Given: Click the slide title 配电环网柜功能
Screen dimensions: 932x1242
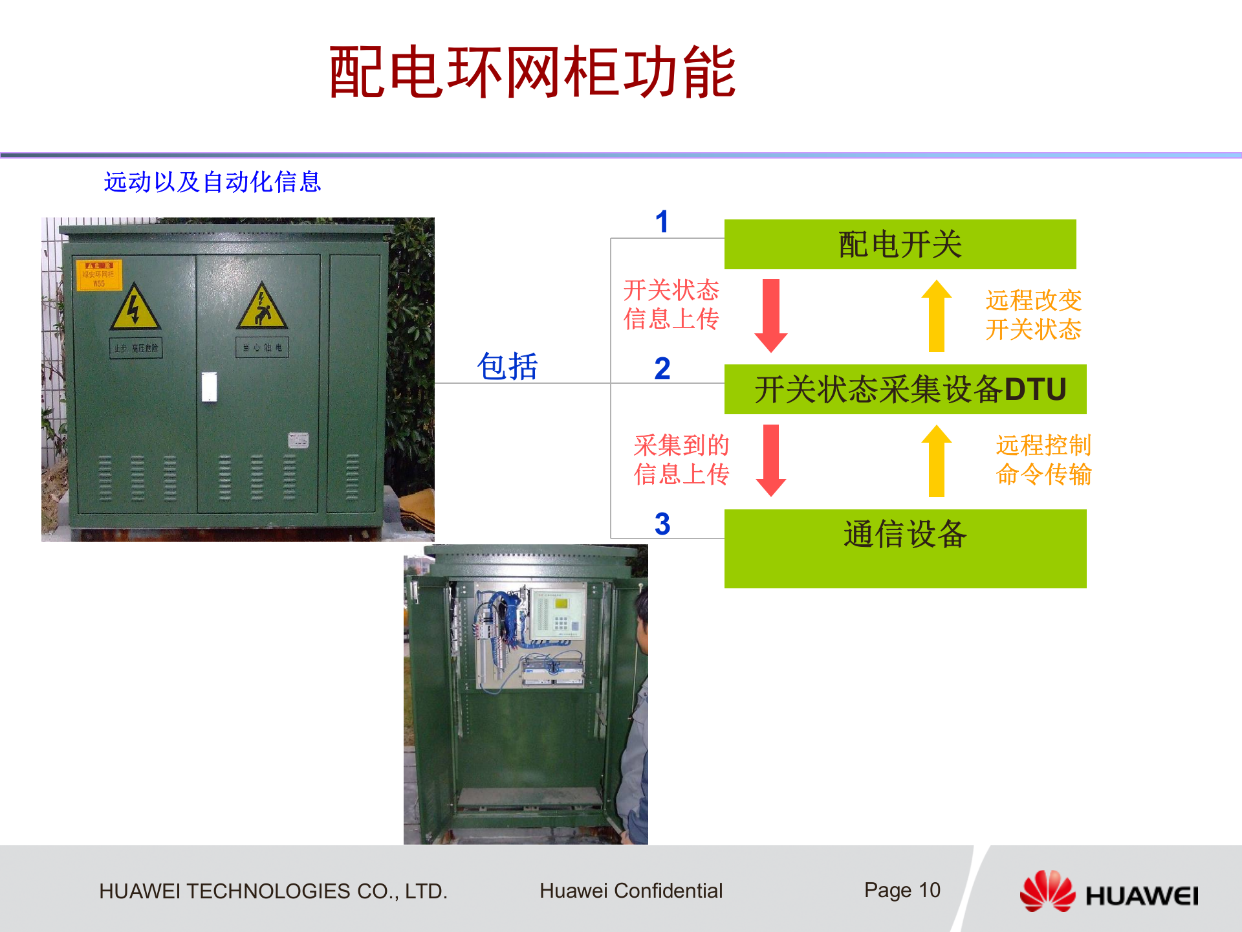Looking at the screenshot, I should point(532,72).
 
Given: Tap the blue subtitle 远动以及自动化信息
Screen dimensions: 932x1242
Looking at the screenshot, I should point(212,182).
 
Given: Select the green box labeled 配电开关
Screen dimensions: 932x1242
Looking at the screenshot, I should point(900,244).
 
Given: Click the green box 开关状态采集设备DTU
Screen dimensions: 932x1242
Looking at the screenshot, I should point(905,389).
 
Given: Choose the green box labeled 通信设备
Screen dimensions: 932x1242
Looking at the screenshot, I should point(905,548).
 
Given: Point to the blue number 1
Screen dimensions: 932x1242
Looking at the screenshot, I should point(661,222).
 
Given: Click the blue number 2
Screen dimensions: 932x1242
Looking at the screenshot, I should point(662,369).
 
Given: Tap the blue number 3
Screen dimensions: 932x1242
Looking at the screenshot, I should point(662,524).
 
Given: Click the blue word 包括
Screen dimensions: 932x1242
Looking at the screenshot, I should point(507,366).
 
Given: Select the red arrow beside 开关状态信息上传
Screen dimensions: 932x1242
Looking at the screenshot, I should point(770,315).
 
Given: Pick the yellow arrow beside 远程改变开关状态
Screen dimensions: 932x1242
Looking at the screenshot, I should point(936,315).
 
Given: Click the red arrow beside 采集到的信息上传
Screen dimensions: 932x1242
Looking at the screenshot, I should point(770,460).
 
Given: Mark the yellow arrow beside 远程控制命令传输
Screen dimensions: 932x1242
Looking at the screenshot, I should point(936,460).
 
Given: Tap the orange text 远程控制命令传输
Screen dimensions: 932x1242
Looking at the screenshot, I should point(1043,460).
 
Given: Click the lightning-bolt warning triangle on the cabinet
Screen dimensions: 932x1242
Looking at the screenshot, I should point(135,307).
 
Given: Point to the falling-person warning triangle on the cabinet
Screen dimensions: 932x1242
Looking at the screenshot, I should point(261,307).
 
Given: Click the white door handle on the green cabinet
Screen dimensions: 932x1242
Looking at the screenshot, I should point(209,387).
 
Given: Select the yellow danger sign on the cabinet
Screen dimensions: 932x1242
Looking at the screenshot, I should point(99,274).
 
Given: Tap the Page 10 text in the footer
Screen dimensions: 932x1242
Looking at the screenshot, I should point(902,891).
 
